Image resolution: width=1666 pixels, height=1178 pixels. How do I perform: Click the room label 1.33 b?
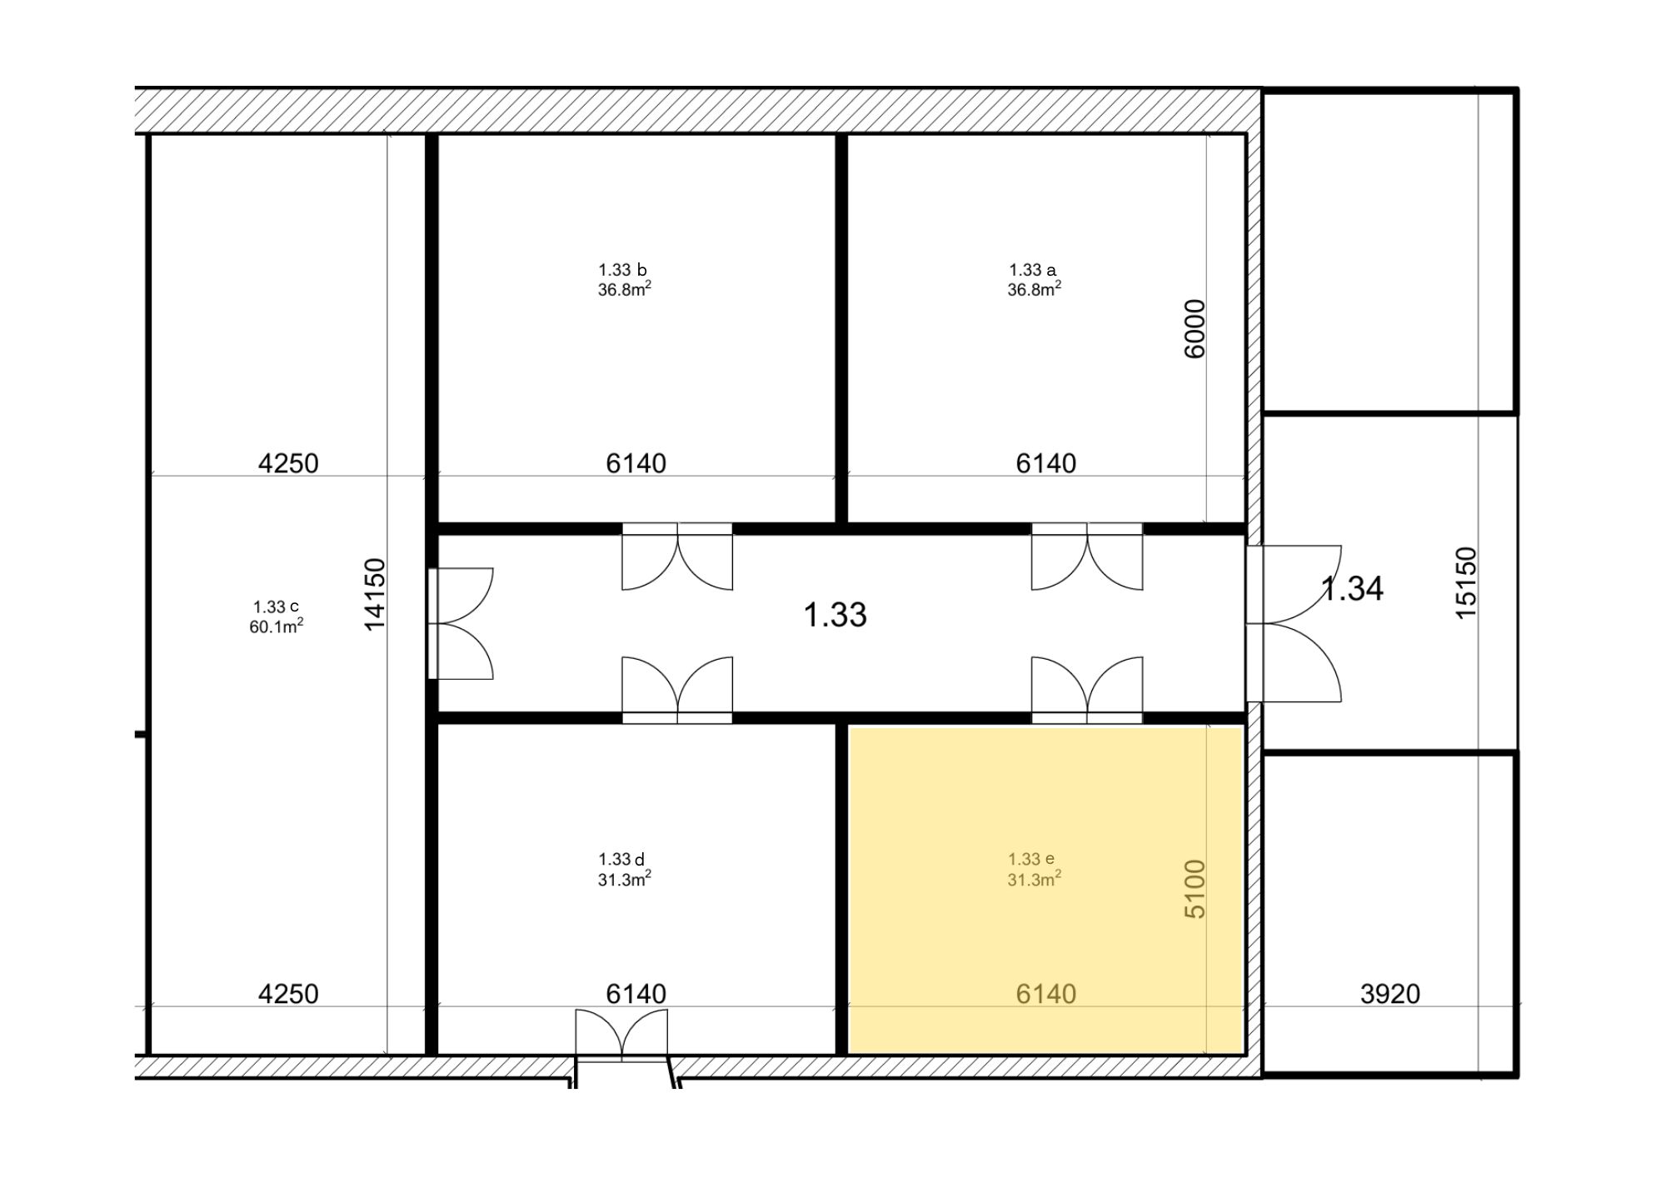[x=622, y=270]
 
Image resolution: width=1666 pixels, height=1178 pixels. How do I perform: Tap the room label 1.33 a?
[x=1032, y=270]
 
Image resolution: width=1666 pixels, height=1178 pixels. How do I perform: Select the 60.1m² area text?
[x=276, y=626]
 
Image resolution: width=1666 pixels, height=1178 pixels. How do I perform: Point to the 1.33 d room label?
[x=621, y=859]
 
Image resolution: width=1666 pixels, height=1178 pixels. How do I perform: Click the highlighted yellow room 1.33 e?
[x=1045, y=890]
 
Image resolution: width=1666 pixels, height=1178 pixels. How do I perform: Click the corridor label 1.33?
[x=835, y=615]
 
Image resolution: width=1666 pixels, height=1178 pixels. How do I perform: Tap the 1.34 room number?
[x=1353, y=588]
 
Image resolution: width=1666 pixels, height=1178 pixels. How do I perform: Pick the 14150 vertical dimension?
[x=375, y=594]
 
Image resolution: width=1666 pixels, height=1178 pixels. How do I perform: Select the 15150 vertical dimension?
[x=1465, y=582]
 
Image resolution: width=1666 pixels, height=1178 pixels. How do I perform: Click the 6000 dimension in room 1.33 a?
[x=1195, y=328]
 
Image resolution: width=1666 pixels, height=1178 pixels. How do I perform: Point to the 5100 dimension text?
[x=1195, y=889]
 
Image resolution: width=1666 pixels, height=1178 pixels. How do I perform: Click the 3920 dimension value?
[x=1389, y=993]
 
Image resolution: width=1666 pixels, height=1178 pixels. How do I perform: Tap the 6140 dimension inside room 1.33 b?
[x=636, y=462]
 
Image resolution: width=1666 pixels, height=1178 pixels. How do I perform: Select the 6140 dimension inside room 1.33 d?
[x=636, y=993]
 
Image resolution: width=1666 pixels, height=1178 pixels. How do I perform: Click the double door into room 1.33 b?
[x=677, y=556]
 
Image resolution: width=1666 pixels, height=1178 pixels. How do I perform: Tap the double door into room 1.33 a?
[x=1087, y=556]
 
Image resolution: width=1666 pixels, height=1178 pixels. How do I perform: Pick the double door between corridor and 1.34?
[x=1294, y=623]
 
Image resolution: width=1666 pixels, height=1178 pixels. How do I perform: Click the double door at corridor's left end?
[x=461, y=623]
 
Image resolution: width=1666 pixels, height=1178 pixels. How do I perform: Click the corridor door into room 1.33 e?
[x=1087, y=689]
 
